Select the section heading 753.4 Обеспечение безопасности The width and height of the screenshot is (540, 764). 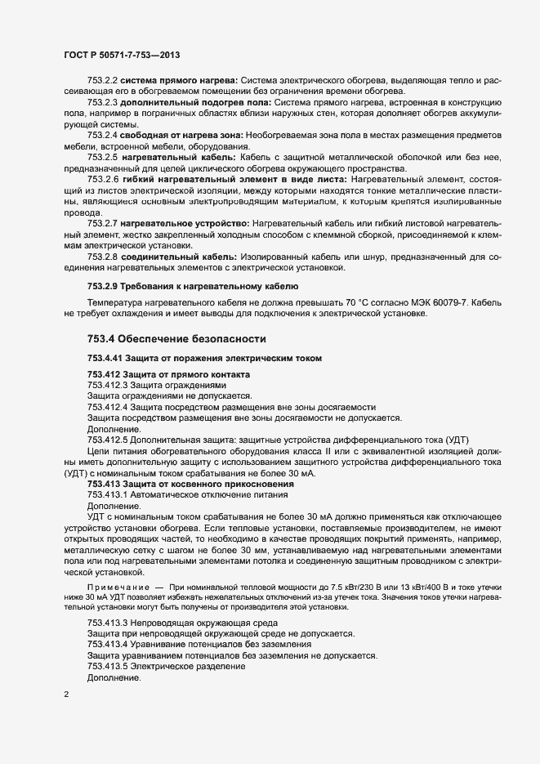point(176,337)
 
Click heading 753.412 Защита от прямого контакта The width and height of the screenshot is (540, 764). point(169,374)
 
